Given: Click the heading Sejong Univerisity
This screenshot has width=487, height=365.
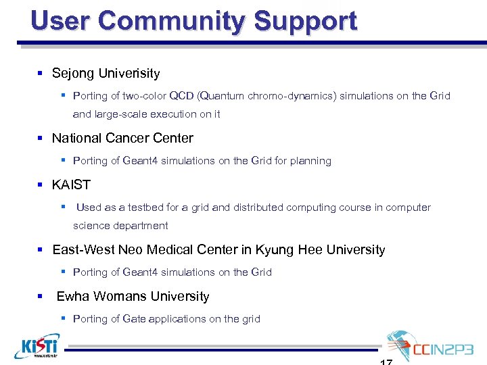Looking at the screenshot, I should click(x=106, y=73).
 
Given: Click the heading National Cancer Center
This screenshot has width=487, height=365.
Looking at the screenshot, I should click(x=122, y=138).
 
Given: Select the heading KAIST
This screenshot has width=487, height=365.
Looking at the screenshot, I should click(x=71, y=185).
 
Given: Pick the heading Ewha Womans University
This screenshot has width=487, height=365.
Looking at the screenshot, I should click(x=133, y=296).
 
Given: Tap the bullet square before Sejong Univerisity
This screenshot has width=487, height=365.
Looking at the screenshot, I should click(x=42, y=73).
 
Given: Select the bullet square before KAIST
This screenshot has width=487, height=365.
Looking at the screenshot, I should click(x=42, y=185).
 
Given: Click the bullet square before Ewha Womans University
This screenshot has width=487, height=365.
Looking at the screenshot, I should click(x=42, y=296).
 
